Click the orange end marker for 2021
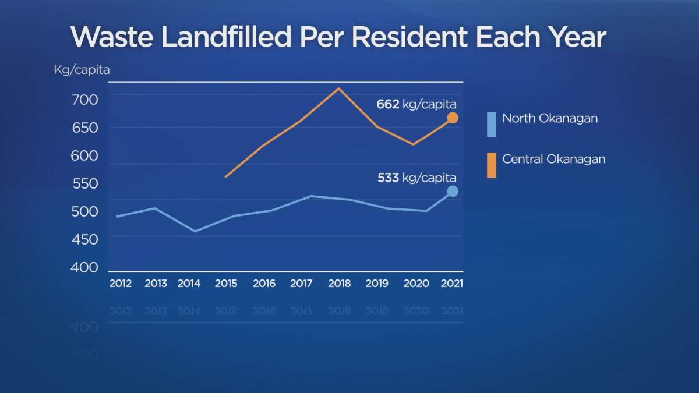point(452,118)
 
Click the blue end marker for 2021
point(452,192)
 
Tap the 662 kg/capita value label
point(416,104)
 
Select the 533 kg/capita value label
point(416,178)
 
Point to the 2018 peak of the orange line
point(339,88)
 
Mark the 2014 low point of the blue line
point(194,231)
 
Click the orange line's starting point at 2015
point(225,176)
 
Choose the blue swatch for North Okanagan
point(492,125)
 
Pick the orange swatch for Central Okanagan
point(492,165)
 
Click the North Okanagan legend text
point(550,118)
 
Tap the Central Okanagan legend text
point(553,159)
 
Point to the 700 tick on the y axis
point(85,100)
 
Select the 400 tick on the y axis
point(85,267)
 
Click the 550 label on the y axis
point(85,183)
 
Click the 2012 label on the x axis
point(121,284)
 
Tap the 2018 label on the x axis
point(339,284)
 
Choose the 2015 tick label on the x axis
point(226,284)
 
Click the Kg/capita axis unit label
point(82,70)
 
